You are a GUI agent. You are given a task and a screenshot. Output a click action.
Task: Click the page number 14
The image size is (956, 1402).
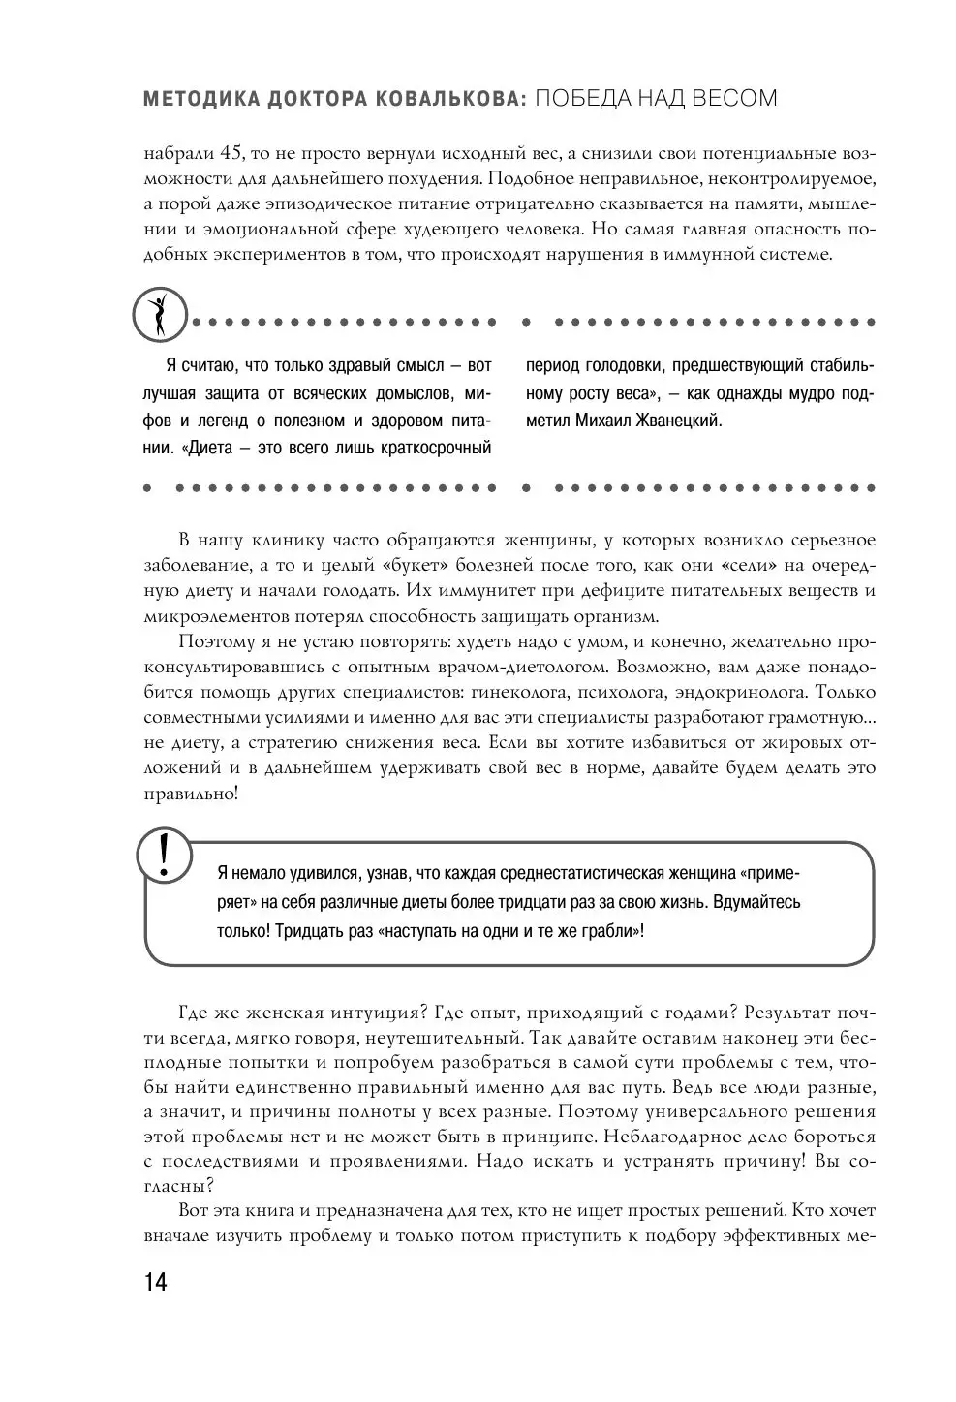tap(155, 1282)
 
